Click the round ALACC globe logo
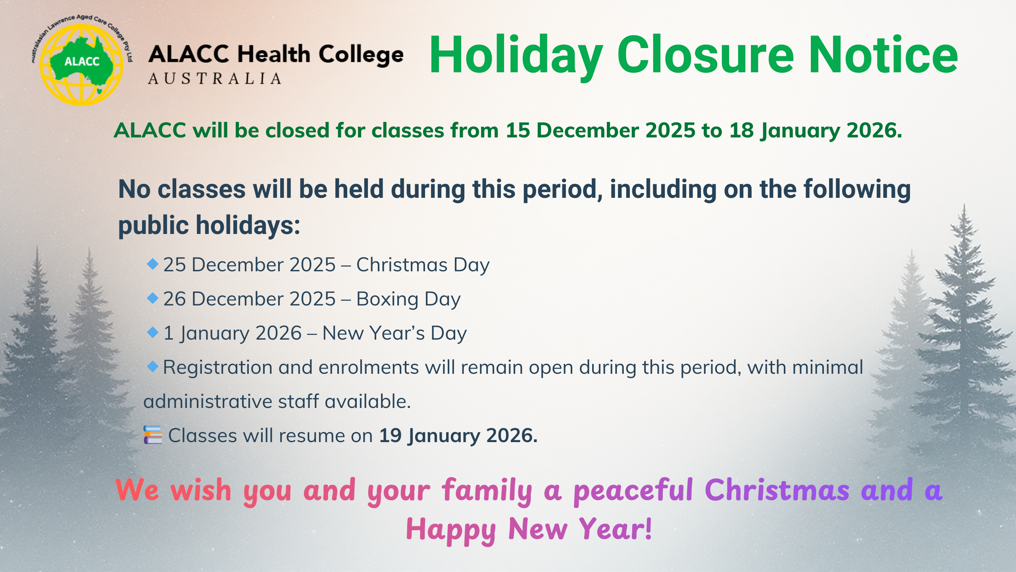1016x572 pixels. pos(82,62)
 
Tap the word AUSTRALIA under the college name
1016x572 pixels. pos(215,79)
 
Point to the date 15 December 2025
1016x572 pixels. pos(600,130)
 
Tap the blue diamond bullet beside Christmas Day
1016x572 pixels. pos(153,264)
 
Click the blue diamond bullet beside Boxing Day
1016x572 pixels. pos(153,298)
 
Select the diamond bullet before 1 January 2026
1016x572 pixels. pos(153,332)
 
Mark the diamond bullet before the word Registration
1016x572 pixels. pos(153,366)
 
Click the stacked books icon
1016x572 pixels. pos(153,435)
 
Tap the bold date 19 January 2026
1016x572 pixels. pos(458,436)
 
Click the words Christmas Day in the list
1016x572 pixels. pos(423,265)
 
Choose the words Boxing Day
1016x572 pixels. pos(408,300)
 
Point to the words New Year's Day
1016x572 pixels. pos(394,334)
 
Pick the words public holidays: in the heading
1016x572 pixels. pos(209,226)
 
